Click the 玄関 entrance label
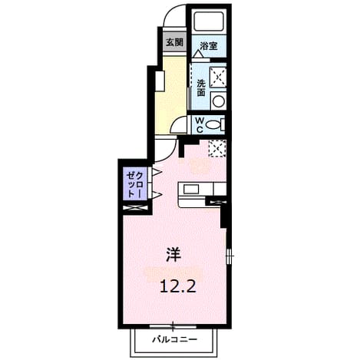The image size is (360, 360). click(x=175, y=42)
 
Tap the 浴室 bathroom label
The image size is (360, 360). click(x=209, y=46)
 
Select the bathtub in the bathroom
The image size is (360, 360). click(x=209, y=21)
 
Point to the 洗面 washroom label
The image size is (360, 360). click(x=201, y=88)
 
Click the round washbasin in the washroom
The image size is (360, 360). click(x=218, y=101)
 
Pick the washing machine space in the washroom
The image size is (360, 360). click(x=218, y=77)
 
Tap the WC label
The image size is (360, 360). click(x=200, y=125)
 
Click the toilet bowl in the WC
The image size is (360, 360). click(x=214, y=125)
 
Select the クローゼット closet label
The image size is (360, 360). click(x=134, y=184)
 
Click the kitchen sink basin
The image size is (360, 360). click(x=190, y=190)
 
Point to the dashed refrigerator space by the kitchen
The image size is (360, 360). click(x=217, y=149)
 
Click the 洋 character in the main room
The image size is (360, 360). click(x=173, y=255)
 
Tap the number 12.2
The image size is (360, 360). click(x=178, y=286)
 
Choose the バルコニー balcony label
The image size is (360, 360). click(x=175, y=339)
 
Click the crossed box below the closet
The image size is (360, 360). click(x=135, y=207)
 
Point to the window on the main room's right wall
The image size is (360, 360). click(x=230, y=255)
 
